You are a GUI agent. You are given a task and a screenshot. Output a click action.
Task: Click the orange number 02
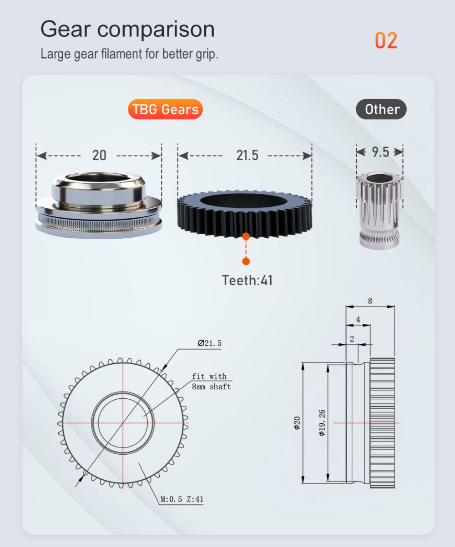click(386, 40)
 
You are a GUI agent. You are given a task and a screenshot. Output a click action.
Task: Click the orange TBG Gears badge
click(165, 110)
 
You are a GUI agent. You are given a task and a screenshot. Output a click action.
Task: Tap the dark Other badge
click(381, 110)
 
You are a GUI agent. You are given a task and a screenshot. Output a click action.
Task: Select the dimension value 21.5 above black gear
click(247, 156)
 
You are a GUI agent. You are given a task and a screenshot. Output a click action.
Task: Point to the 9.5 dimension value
click(380, 152)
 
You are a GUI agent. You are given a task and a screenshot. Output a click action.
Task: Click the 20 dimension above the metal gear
click(99, 156)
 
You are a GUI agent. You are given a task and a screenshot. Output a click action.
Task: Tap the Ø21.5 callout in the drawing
click(210, 343)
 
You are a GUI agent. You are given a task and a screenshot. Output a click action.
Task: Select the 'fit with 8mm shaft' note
click(211, 381)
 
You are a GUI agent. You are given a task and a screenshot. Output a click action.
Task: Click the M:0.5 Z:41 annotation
click(182, 499)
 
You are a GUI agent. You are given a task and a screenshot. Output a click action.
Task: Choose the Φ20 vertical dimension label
click(297, 423)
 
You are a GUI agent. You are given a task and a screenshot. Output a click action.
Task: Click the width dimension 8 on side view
click(370, 301)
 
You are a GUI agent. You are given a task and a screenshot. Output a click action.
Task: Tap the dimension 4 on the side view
click(358, 320)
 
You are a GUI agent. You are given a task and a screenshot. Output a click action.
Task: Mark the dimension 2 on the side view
click(352, 339)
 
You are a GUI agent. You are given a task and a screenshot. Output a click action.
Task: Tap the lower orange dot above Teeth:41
click(246, 261)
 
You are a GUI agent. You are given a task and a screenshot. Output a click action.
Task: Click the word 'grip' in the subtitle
click(207, 54)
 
